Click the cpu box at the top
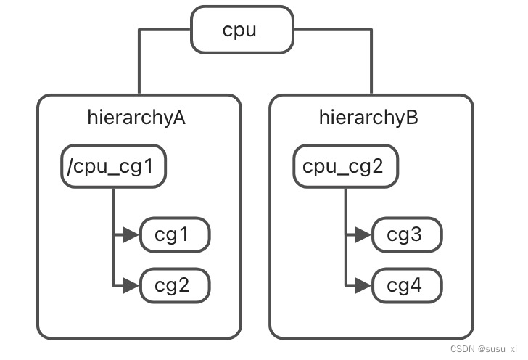[x=242, y=30]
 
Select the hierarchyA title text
[x=136, y=118]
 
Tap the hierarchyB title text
[x=368, y=118]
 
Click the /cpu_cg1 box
[x=113, y=168]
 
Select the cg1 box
[x=174, y=235]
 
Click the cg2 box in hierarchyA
[x=174, y=286]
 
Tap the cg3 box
[x=406, y=235]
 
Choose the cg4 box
[x=406, y=286]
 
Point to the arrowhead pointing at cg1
[x=131, y=235]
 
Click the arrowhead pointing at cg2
[x=131, y=286]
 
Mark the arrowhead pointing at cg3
[x=363, y=235]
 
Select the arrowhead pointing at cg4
[x=363, y=286]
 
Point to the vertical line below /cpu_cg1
[x=114, y=210]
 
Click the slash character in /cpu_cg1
[x=70, y=168]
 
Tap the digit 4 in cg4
[x=414, y=286]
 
